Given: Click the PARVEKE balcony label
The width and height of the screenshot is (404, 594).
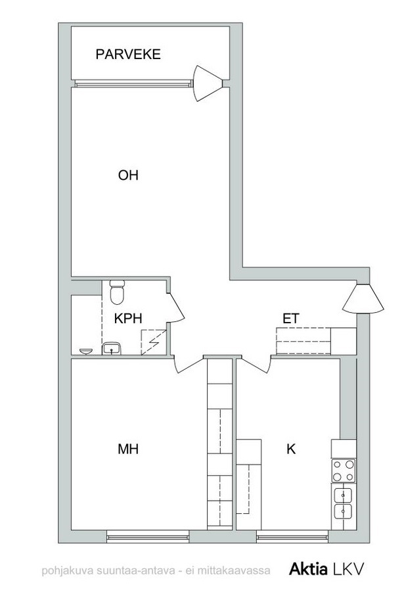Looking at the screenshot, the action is coord(128,55).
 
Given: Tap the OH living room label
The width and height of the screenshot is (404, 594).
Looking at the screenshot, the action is coord(128,175).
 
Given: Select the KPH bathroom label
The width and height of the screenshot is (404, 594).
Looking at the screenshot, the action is coord(128,319).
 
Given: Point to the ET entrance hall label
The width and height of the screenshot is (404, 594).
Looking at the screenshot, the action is coord(291,319).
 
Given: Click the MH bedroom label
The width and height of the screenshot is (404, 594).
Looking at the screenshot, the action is coord(128,449).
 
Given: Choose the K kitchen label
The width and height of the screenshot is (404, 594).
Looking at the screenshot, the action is coord(291,449).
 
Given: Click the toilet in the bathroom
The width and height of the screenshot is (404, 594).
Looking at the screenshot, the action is coord(117,292).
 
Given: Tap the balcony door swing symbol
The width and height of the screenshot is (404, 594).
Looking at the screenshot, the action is coord(208,83).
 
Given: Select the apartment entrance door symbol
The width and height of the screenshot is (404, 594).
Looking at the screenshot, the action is coord(363,298).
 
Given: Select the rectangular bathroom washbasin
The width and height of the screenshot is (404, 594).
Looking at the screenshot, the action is coord(112,348).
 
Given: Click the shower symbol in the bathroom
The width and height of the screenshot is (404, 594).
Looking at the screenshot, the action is coord(154,342).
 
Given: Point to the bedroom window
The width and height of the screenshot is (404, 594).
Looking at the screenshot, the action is coord(148,536).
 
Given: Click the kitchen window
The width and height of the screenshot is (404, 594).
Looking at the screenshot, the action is coord(292,536).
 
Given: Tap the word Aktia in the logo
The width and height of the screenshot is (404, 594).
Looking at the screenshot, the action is coord(309,569).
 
